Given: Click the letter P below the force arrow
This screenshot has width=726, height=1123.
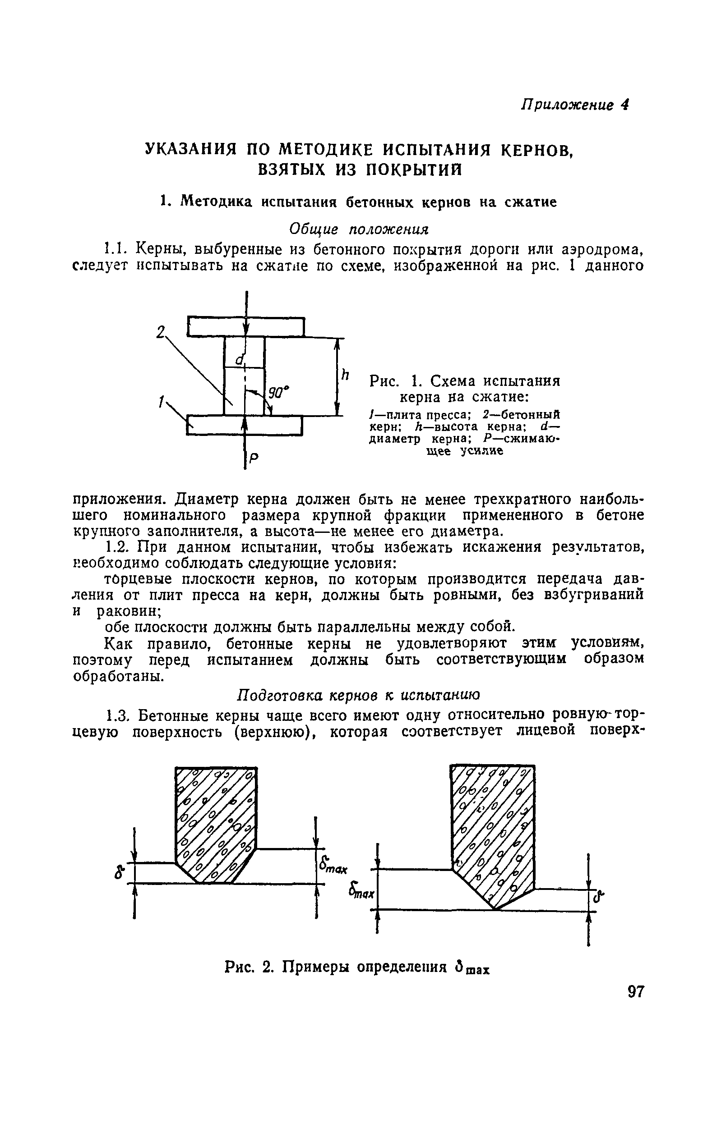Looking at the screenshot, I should (253, 458).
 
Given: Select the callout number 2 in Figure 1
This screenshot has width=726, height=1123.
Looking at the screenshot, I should (160, 333).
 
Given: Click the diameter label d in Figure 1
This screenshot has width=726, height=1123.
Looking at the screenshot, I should (240, 360).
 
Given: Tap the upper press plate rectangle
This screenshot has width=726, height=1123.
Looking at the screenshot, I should (245, 327).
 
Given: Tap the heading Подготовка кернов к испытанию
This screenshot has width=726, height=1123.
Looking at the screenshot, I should (358, 695).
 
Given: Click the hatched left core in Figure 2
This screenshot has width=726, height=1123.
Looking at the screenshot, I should (216, 822).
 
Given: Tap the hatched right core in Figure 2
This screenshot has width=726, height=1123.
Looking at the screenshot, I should (493, 831).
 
